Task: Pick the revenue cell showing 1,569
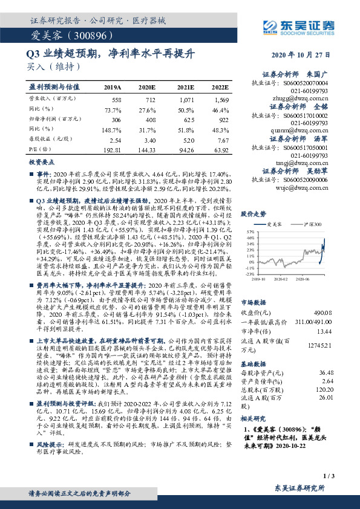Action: click(221, 99)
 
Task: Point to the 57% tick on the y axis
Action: click(249, 232)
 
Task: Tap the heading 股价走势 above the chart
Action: click(254, 214)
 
